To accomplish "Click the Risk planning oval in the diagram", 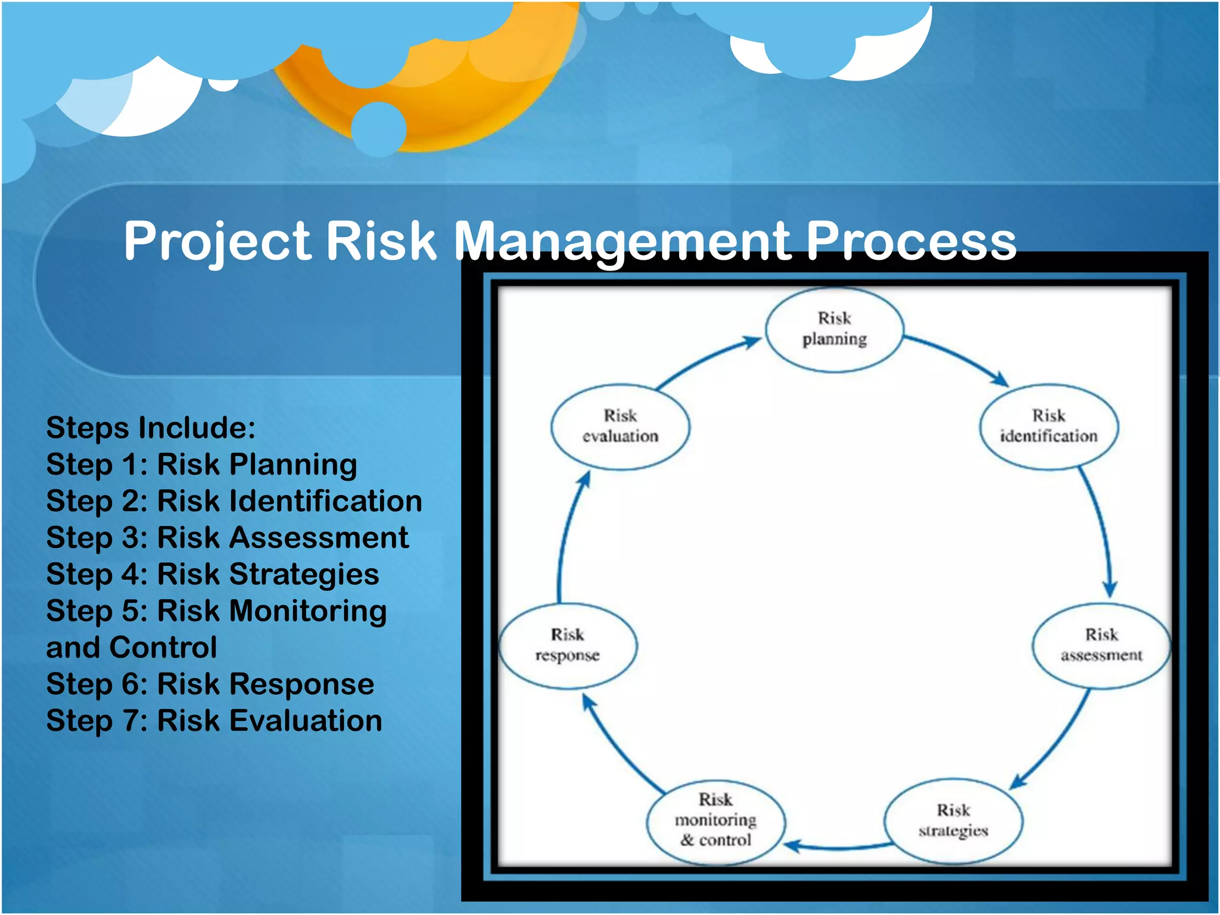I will pyautogui.click(x=834, y=329).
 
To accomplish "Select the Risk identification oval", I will pyautogui.click(x=1048, y=426).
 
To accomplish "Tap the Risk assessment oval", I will pyautogui.click(x=1101, y=645).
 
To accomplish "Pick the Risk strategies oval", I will pyautogui.click(x=953, y=821).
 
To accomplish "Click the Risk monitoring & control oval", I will pyautogui.click(x=715, y=821).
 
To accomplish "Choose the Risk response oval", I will pyautogui.click(x=567, y=645).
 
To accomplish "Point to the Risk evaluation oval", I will pyautogui.click(x=620, y=426).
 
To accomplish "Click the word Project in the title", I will pyautogui.click(x=217, y=241).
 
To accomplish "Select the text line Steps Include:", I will pyautogui.click(x=151, y=428).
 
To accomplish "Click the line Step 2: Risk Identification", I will pyautogui.click(x=234, y=501).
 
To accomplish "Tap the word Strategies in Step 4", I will pyautogui.click(x=304, y=574).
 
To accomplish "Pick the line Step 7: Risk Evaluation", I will pyautogui.click(x=214, y=721).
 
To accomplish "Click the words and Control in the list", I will pyautogui.click(x=132, y=648).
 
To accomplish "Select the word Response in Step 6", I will pyautogui.click(x=301, y=684).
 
